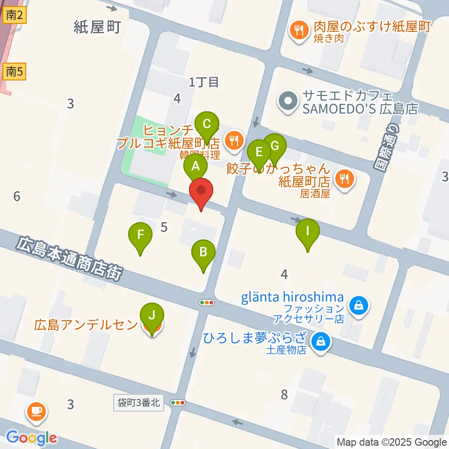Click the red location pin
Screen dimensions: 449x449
coord(202,192)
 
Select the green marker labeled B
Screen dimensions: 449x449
coord(203,253)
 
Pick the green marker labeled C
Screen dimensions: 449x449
coord(207,125)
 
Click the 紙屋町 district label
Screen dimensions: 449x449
coord(98,27)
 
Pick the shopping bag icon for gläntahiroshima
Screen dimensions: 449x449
coord(359,307)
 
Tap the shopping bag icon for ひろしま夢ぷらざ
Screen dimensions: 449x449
coord(321,341)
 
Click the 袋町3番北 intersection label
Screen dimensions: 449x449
coord(139,403)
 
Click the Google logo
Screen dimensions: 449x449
coord(31,438)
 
